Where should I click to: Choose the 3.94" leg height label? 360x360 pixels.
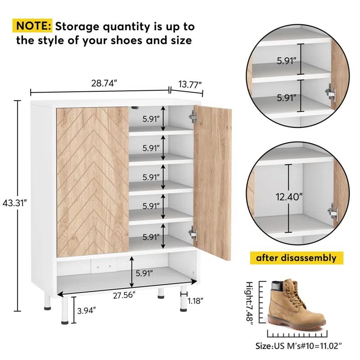(x=85, y=310)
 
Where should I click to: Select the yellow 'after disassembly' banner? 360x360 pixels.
(x=297, y=258)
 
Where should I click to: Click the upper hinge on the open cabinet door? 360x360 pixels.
(x=193, y=116)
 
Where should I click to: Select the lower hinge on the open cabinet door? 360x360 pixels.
(x=193, y=232)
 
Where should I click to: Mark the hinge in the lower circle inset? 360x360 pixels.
(x=333, y=213)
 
